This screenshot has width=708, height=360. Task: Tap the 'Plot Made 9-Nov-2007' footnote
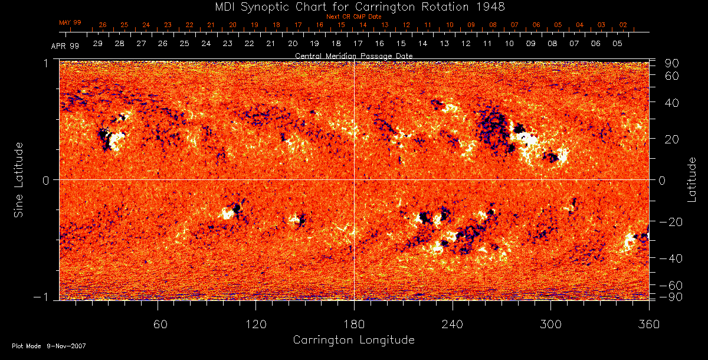pyautogui.click(x=49, y=346)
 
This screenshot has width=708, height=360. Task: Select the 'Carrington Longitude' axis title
pyautogui.click(x=353, y=340)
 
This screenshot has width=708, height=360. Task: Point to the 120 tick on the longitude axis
pyautogui.click(x=256, y=325)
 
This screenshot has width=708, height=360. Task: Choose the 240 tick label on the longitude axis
pyautogui.click(x=453, y=325)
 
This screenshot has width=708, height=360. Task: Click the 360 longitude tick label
pyautogui.click(x=649, y=325)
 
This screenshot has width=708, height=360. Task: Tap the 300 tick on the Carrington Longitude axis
pyautogui.click(x=550, y=325)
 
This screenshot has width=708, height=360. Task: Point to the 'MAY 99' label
pyautogui.click(x=70, y=22)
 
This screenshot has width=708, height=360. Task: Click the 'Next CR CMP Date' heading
pyautogui.click(x=353, y=17)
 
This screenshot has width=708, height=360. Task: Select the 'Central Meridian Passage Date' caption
pyautogui.click(x=353, y=55)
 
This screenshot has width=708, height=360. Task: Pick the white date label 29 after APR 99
pyautogui.click(x=98, y=44)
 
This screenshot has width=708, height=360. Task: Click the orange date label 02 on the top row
pyautogui.click(x=623, y=25)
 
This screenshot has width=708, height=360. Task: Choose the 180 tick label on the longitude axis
pyautogui.click(x=354, y=325)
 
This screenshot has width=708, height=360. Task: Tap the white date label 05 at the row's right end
pyautogui.click(x=617, y=44)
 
